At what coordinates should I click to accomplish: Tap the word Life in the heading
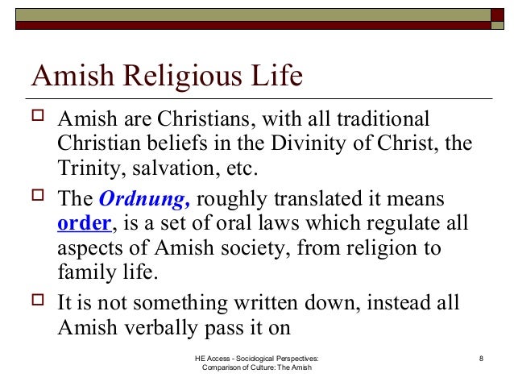coord(276,80)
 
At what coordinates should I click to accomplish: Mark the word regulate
coord(379,222)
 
